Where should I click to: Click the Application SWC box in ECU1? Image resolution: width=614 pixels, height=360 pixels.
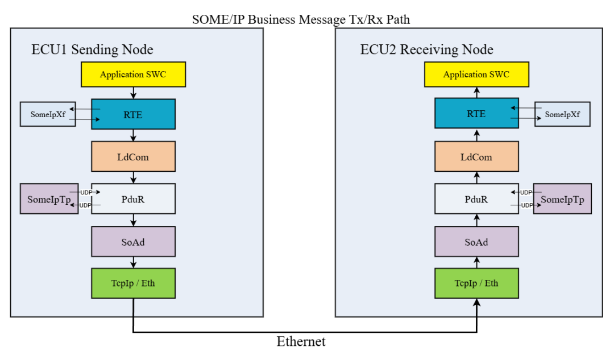pos(133,74)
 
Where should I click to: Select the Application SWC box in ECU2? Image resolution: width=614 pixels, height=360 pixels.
pos(476,74)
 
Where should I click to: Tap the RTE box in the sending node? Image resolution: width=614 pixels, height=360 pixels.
pos(133,114)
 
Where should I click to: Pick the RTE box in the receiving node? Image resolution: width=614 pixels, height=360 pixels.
pos(476,113)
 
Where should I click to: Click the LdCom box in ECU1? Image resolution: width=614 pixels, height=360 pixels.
pos(133,157)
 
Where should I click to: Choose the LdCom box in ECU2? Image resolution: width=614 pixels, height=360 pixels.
pos(476,157)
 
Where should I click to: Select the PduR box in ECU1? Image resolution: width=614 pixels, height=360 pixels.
pos(133,199)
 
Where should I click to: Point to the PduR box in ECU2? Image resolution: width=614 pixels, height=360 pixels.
pos(476,199)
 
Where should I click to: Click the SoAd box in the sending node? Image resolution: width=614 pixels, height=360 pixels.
pos(133,242)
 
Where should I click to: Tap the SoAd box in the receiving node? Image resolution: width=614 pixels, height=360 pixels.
pos(476,242)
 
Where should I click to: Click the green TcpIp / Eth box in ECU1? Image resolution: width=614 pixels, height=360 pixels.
pos(133,283)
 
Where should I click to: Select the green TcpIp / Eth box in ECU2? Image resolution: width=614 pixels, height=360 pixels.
pos(476,283)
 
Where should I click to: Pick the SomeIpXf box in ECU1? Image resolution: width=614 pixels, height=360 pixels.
pos(48,114)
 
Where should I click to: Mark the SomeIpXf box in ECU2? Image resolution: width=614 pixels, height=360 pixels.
pos(562,114)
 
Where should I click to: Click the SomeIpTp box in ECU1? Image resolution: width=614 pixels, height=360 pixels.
pos(49,199)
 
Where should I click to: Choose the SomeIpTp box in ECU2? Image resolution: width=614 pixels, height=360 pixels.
pos(562,199)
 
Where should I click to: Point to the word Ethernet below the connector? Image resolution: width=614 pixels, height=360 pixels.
pos(301,342)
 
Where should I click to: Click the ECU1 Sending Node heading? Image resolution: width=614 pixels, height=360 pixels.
pos(93,49)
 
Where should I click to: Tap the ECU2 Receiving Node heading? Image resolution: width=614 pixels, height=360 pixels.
pos(427,49)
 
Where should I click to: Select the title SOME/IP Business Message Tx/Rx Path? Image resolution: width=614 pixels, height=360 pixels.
pos(301,19)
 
